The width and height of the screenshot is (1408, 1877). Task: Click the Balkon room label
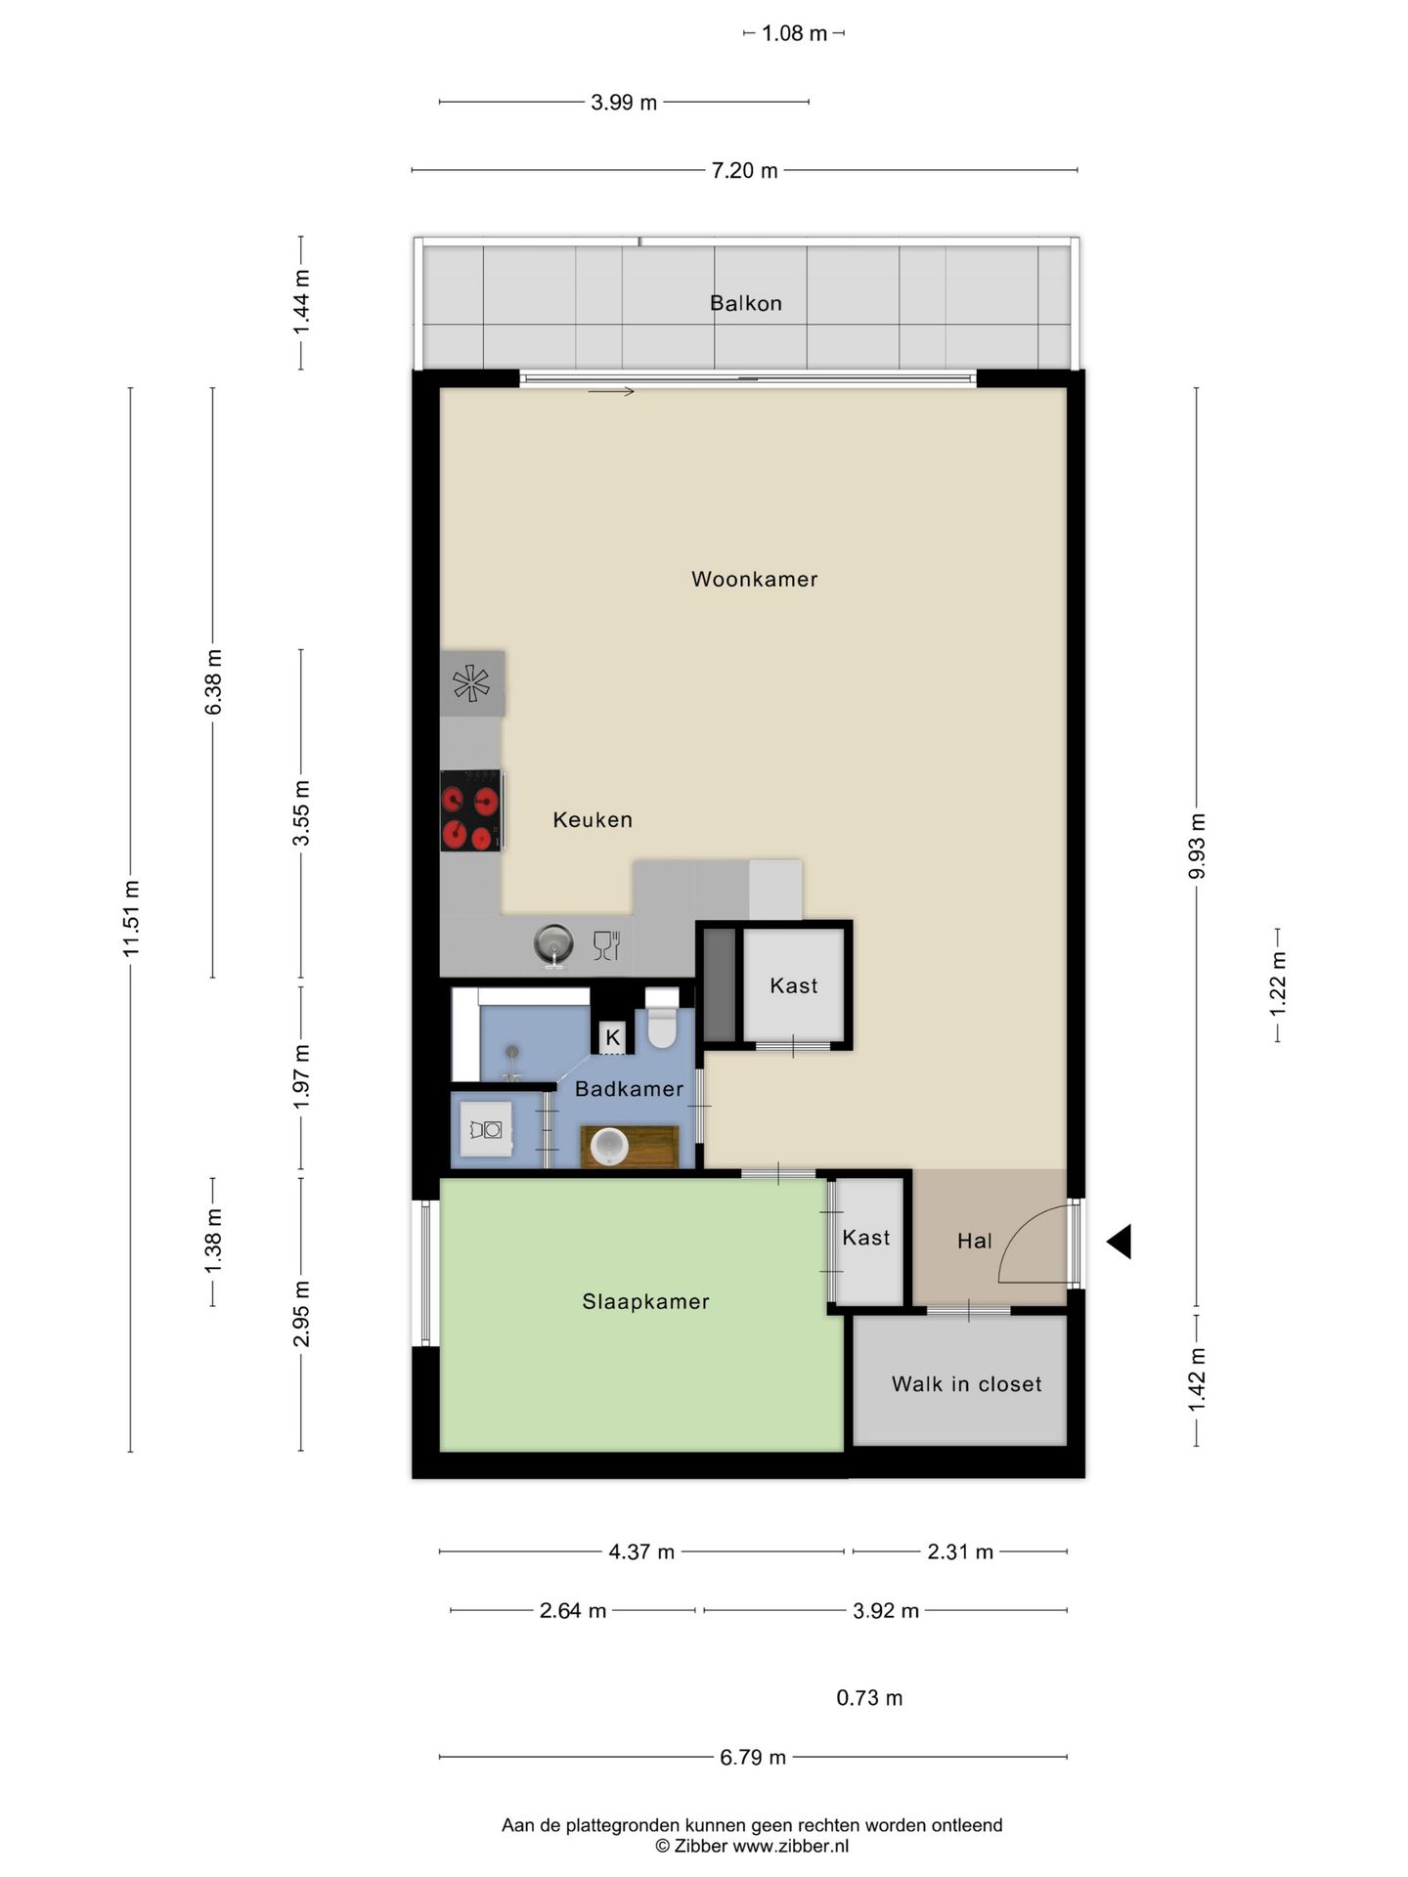pos(746,303)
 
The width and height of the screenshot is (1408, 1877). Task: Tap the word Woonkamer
pos(755,579)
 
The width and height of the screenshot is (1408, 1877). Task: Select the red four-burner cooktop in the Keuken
pos(471,810)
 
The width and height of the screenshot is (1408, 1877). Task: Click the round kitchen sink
pos(554,944)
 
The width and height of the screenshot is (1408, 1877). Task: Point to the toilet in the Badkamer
pos(662,1018)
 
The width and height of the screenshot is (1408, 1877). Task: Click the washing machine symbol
pos(486,1129)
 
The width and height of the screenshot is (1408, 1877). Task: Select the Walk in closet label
pos(967,1384)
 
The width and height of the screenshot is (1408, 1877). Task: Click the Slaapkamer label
pos(645,1301)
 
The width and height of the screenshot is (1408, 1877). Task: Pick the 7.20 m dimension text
pos(744,170)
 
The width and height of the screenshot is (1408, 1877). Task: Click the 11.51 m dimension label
pos(131,918)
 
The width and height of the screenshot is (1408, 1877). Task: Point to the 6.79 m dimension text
pos(753,1757)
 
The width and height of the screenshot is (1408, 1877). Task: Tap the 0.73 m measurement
pos(869,1698)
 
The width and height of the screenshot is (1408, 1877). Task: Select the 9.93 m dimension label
pos(1197,846)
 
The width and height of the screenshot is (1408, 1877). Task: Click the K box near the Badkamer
pos(613,1037)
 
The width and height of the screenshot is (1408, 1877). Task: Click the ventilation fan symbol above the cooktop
pos(471,682)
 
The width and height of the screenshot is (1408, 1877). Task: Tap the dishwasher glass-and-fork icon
pos(606,945)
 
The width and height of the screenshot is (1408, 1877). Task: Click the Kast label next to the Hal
pos(866,1238)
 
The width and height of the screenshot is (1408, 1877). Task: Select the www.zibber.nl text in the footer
pos(791,1846)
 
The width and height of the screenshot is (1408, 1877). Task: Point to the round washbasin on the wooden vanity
pos(609,1146)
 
